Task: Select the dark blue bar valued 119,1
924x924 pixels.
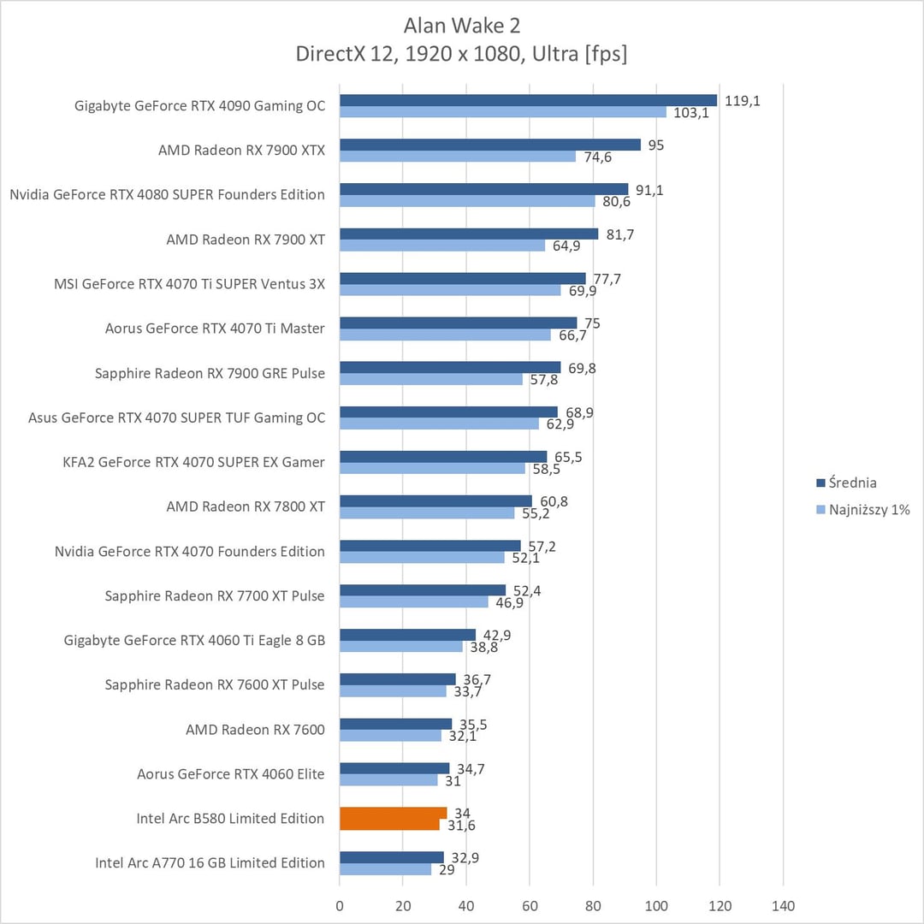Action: [528, 100]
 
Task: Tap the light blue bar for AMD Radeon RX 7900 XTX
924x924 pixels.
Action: [458, 157]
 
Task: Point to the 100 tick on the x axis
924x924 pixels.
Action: [656, 906]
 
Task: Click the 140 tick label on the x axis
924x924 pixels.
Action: [783, 906]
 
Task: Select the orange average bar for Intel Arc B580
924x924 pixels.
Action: [393, 813]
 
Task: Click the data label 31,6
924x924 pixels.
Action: [461, 825]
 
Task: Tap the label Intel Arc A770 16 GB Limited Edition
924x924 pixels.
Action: [210, 862]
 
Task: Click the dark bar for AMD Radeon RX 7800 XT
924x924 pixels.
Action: [435, 500]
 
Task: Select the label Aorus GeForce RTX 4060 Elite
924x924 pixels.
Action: [231, 773]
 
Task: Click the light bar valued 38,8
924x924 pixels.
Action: [400, 647]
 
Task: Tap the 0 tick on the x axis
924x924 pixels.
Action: [340, 906]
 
